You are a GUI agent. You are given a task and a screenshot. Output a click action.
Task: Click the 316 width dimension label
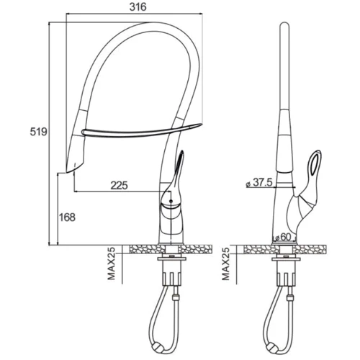coord(138,7)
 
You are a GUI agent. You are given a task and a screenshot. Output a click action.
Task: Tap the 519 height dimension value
coord(38,132)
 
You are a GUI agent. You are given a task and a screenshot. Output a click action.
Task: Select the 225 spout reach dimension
coord(119,185)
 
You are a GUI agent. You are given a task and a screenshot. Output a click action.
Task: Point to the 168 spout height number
coord(67,217)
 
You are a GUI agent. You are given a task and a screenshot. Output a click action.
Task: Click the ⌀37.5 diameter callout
coord(259,183)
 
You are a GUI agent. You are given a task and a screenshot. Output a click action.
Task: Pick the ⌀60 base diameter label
coord(282,238)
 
